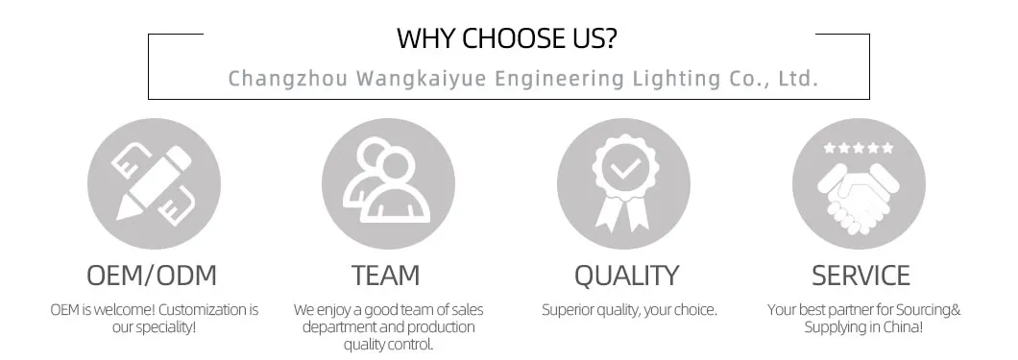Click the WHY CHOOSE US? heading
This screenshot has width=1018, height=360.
coord(508,38)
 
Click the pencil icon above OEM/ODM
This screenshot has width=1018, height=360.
coord(154,182)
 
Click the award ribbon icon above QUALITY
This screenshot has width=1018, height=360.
coord(623,182)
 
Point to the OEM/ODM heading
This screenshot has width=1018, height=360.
coord(153,276)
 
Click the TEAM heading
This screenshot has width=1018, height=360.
coord(386,276)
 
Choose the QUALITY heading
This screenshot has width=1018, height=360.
coord(625,276)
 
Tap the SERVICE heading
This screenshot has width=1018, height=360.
coord(860,276)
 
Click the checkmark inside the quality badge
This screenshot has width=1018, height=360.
coord(625,170)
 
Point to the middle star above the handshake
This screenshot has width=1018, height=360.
coord(860,148)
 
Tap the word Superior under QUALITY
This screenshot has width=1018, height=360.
coord(566,310)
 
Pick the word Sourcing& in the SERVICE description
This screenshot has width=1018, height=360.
coord(927,310)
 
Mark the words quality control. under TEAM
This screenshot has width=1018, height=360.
coord(386,345)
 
